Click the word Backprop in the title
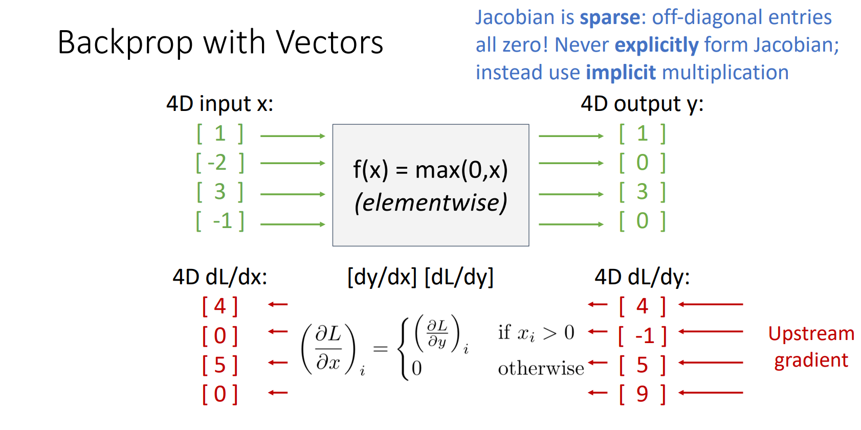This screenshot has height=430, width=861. click(125, 42)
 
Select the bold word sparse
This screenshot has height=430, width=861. click(609, 18)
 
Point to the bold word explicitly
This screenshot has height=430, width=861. click(656, 46)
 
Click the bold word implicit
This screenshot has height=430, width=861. click(620, 73)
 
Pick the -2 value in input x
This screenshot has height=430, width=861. click(217, 163)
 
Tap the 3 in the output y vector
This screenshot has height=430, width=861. click(642, 192)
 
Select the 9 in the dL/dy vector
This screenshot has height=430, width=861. click(642, 394)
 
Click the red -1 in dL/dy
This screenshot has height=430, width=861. click(645, 336)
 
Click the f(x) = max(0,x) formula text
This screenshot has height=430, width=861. click(430, 170)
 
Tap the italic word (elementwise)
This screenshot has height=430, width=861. click(430, 202)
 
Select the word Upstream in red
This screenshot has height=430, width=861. click(811, 334)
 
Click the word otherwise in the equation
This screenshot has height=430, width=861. click(541, 368)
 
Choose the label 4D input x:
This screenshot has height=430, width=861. click(220, 104)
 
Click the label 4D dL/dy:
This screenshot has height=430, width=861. click(642, 278)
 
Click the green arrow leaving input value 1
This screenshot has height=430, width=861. click(293, 136)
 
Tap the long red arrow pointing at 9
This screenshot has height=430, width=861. click(711, 393)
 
